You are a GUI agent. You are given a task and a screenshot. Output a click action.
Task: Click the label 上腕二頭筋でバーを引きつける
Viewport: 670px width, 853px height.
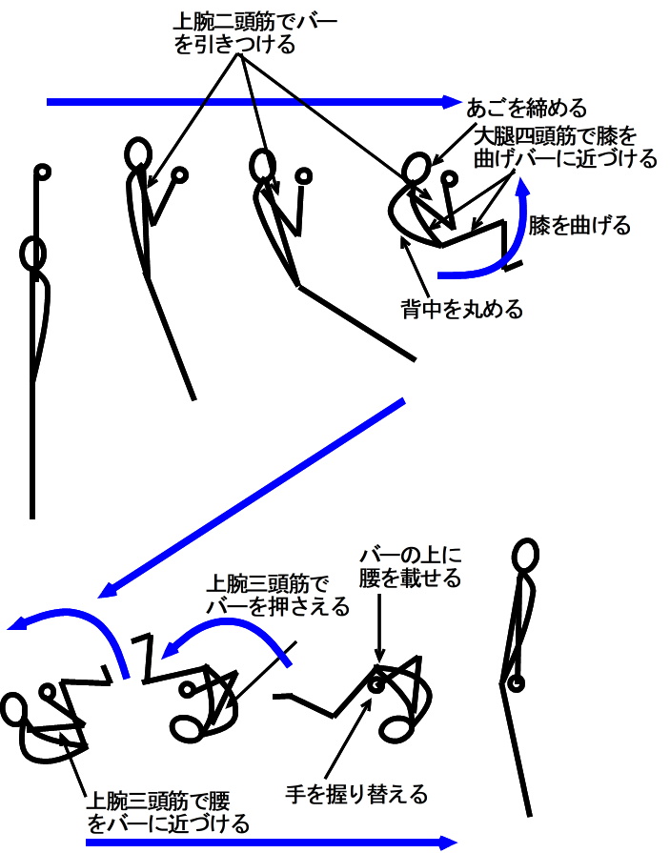coord(255,33)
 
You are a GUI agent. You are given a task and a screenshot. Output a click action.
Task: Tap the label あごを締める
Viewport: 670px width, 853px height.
coord(526,108)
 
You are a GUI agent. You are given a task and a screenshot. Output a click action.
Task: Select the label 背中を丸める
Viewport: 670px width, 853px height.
coord(462,309)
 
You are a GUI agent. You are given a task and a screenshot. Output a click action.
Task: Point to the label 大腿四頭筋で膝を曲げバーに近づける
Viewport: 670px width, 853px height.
coord(565,147)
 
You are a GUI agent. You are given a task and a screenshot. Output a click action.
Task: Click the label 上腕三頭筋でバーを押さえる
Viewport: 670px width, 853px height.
coord(277,595)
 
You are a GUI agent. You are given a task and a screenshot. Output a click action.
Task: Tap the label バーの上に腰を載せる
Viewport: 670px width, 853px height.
coord(411,567)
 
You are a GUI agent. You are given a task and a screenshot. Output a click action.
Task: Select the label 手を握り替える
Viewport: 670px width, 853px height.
coord(356,794)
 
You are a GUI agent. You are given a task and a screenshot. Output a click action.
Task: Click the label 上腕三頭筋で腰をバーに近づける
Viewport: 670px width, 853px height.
coord(168,812)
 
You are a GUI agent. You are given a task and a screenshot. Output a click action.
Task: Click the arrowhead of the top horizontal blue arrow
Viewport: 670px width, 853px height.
coord(453,102)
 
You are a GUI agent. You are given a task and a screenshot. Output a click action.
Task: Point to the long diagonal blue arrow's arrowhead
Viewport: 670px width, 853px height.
coord(107,591)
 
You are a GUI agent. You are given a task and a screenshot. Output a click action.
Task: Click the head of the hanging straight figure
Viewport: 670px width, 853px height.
coord(33,254)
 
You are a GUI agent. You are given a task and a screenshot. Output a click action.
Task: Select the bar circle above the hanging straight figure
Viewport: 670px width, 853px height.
coord(42,173)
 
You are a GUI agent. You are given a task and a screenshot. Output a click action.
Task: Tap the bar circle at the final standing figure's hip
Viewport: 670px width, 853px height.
coord(516,682)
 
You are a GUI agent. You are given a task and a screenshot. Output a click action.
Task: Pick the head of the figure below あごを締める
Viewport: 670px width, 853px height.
coord(416,168)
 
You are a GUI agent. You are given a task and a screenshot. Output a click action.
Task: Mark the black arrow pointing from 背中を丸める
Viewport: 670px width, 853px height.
coord(415,267)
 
